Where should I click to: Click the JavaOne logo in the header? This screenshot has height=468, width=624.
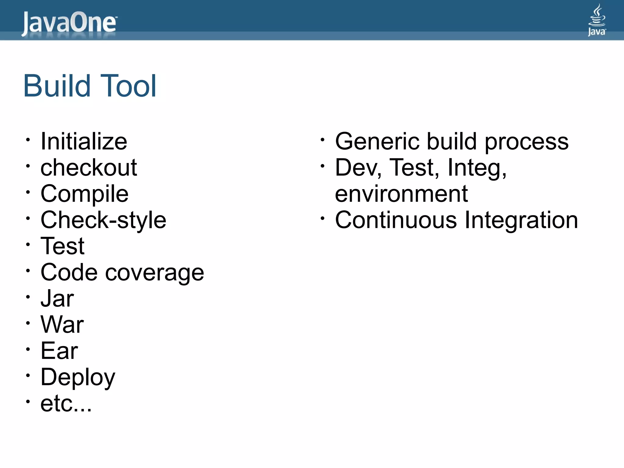click(x=69, y=23)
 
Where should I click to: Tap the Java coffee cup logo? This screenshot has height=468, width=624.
click(x=597, y=20)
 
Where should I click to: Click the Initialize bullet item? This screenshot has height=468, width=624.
click(x=84, y=142)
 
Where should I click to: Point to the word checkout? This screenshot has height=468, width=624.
click(x=89, y=168)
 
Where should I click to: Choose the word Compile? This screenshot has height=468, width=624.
click(x=84, y=194)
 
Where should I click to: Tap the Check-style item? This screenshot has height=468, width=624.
click(x=103, y=220)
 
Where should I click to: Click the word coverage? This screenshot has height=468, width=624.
click(x=154, y=272)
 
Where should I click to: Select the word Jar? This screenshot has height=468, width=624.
click(x=57, y=299)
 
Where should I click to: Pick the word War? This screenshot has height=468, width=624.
click(x=62, y=325)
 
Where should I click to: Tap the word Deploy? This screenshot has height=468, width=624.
click(x=78, y=377)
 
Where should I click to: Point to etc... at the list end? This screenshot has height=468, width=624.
click(x=66, y=404)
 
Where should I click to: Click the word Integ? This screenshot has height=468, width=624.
click(x=477, y=168)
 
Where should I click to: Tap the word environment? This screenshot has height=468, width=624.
click(x=401, y=194)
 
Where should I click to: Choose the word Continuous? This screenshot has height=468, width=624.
click(x=396, y=220)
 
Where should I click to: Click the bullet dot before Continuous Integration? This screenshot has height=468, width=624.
click(x=322, y=218)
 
